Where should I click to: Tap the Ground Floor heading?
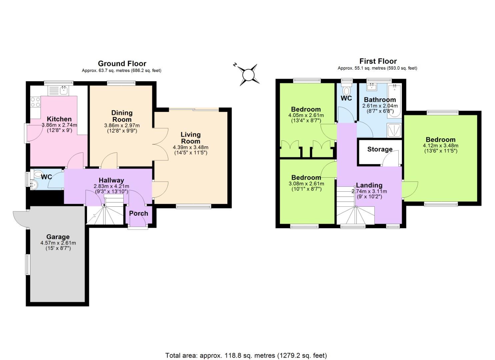pyautogui.click(x=122, y=63)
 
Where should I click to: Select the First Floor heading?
pyautogui.click(x=378, y=61)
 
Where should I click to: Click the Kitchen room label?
pyautogui.click(x=59, y=119)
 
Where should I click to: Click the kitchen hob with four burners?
pyautogui.click(x=35, y=102)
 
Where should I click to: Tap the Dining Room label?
pyautogui.click(x=122, y=116)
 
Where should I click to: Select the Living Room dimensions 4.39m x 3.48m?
pyautogui.click(x=190, y=147)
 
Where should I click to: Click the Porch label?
pyautogui.click(x=138, y=213)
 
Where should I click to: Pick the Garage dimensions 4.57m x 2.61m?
pyautogui.click(x=58, y=243)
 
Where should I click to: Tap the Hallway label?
pyautogui.click(x=111, y=180)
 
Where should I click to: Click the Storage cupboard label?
pyautogui.click(x=380, y=149)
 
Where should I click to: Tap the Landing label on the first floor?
pyautogui.click(x=369, y=185)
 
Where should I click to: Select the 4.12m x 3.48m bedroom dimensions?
pyautogui.click(x=440, y=146)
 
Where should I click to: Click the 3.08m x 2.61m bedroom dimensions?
pyautogui.click(x=306, y=183)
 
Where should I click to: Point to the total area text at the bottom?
pyautogui.click(x=246, y=355)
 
